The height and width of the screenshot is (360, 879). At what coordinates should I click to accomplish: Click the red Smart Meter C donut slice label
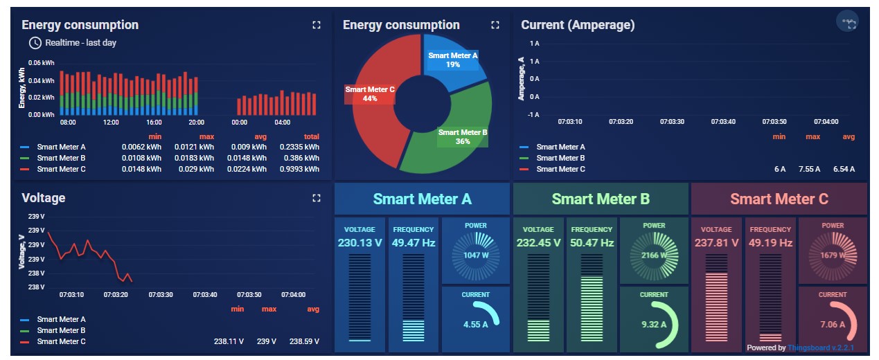click(370, 94)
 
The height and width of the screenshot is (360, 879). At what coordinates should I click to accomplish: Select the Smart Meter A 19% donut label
click(453, 60)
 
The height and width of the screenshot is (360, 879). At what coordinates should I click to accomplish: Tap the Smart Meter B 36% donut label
click(463, 136)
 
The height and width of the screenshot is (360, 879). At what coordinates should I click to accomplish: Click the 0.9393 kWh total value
click(302, 169)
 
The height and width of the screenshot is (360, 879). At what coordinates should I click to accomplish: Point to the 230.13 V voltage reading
click(359, 242)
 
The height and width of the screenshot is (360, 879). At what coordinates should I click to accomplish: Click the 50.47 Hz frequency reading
click(592, 242)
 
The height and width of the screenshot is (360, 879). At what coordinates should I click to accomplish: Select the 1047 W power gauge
click(476, 255)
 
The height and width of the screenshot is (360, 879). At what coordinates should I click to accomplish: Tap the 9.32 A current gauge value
click(654, 324)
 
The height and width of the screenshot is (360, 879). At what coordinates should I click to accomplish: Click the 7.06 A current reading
click(832, 324)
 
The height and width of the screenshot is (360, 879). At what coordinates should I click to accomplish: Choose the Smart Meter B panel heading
click(601, 199)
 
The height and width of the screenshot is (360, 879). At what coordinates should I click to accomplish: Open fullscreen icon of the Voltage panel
click(317, 198)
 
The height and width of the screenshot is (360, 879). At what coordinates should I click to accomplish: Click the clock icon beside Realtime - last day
click(35, 43)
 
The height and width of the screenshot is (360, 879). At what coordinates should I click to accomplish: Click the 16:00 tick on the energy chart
click(154, 123)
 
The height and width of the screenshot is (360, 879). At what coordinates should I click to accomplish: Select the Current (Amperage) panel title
click(578, 25)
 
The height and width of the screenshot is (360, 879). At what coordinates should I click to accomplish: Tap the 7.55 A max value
click(809, 169)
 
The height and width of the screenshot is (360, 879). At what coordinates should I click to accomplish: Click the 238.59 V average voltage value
click(304, 341)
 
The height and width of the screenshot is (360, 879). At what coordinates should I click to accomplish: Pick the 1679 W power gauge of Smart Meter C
click(833, 255)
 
